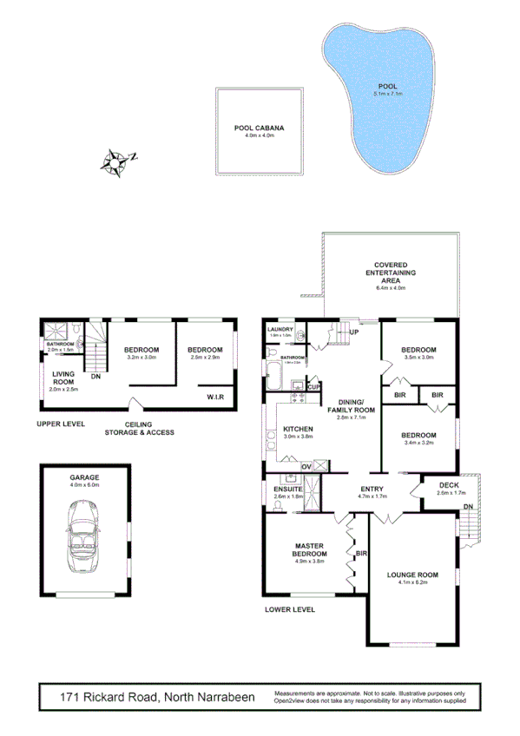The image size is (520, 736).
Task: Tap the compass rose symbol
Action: click(115, 161)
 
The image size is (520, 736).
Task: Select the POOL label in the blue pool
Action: click(387, 87)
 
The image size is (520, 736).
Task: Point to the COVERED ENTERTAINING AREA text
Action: click(391, 273)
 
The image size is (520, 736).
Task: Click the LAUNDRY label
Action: click(280, 330)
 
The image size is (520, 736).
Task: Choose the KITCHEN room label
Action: click(297, 430)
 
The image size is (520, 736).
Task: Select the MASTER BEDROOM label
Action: click(309, 549)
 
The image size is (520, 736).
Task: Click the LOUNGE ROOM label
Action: click(413, 575)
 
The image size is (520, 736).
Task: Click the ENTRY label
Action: click(372, 489)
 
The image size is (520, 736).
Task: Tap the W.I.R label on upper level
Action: click(217, 397)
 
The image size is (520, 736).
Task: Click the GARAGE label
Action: click(84, 477)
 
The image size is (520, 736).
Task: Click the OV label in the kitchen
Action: click(306, 467)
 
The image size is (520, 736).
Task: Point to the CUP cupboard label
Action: click(313, 387)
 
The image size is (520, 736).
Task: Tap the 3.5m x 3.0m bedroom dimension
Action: click(418, 357)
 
